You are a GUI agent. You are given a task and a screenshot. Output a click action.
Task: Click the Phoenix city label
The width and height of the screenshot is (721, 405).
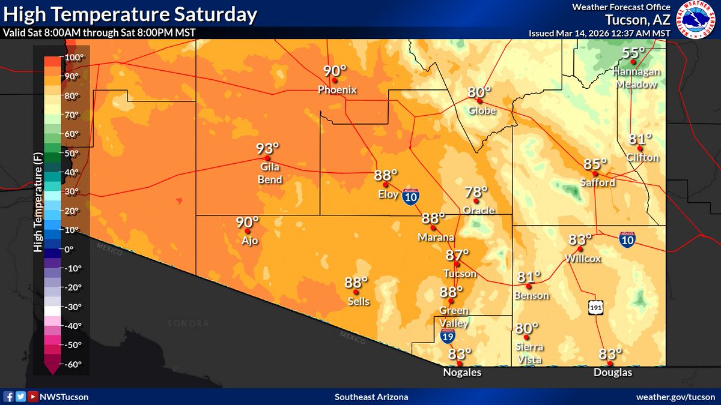tap(337, 90)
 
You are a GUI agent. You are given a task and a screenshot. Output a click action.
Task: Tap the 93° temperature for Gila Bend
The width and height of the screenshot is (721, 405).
tap(268, 148)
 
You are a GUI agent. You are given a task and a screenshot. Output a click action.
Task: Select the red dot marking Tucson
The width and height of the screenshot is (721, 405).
tap(457, 264)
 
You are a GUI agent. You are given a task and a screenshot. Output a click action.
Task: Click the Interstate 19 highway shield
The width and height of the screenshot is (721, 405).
tap(448, 336)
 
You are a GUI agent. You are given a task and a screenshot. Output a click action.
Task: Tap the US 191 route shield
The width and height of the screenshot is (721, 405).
tap(595, 307)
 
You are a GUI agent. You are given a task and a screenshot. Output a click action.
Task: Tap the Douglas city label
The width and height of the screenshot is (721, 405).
tap(613, 373)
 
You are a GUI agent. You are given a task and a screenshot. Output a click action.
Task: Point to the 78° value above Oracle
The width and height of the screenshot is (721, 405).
tap(476, 192)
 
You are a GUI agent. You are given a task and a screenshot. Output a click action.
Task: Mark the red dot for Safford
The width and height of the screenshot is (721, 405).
tap(595, 173)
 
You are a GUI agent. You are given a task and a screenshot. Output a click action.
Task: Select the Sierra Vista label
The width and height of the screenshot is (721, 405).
tap(529, 353)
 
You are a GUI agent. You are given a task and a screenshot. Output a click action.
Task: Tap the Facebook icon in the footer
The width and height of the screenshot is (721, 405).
tap(9, 397)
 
